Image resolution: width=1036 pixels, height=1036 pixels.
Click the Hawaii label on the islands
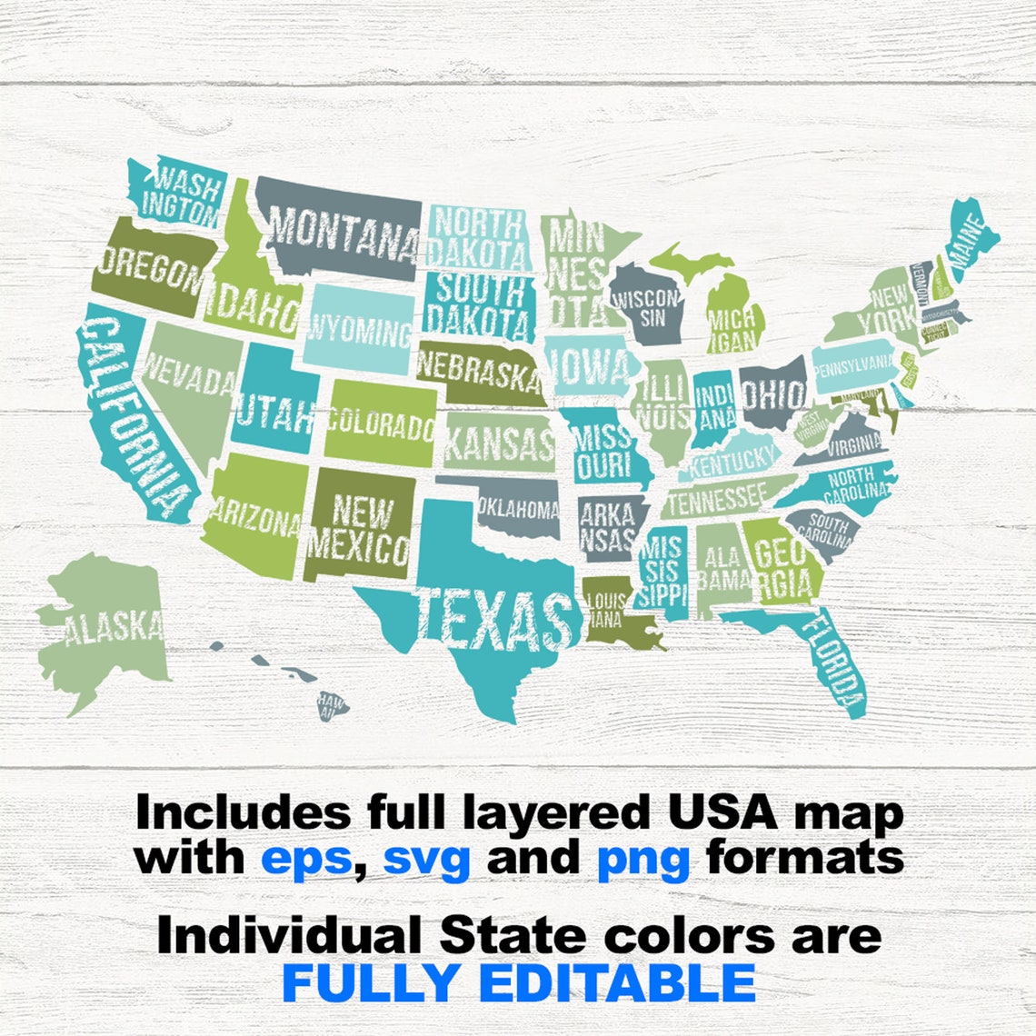coord(333,705)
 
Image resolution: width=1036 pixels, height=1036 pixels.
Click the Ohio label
coord(772,393)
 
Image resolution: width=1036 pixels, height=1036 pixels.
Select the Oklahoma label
coord(518,510)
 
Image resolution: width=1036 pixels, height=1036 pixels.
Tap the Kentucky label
coord(732,462)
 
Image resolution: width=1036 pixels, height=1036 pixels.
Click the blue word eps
coord(305,856)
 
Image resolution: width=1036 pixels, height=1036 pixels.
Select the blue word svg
coord(426,858)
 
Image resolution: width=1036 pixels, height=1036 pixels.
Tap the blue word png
coord(643,858)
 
